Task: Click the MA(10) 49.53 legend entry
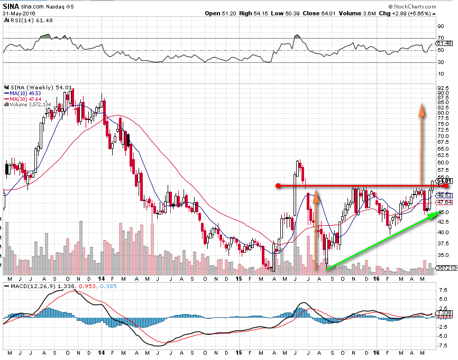click(22, 93)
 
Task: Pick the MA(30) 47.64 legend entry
click(22, 99)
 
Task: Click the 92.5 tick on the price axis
click(443, 87)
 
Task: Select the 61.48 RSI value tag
click(444, 43)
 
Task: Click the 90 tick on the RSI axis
click(440, 25)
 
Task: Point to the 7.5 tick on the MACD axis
click(441, 290)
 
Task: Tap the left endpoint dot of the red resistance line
click(278, 186)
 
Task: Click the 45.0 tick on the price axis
click(443, 213)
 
